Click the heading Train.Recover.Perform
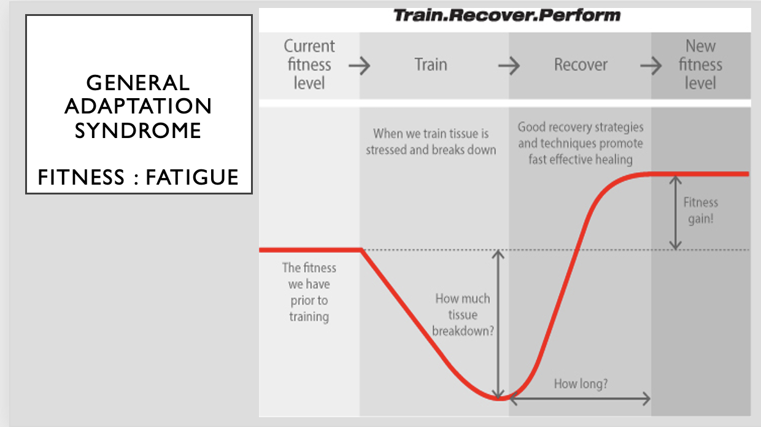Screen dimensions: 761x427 point(506,15)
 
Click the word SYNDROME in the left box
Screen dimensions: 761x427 point(138,130)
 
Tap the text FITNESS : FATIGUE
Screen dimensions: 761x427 point(138,177)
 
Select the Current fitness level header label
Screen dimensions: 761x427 point(309,64)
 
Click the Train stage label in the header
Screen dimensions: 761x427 point(430,64)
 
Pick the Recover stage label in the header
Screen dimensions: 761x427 point(581,64)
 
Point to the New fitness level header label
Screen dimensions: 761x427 point(700,64)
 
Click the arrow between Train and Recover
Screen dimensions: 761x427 point(509,65)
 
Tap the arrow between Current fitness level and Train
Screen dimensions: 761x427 point(360,65)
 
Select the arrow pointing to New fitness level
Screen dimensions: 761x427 point(651,65)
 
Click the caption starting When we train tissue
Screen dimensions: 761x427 point(431,141)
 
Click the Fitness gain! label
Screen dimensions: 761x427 point(700,210)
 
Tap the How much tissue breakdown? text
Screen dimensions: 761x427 point(463,315)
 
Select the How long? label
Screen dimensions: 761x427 point(581,384)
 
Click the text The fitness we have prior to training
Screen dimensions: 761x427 point(309,292)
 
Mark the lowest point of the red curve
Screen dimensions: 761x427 point(500,399)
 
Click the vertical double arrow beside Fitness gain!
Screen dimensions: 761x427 point(676,213)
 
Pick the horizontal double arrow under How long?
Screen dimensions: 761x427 point(580,399)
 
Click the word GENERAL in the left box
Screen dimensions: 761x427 point(138,82)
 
